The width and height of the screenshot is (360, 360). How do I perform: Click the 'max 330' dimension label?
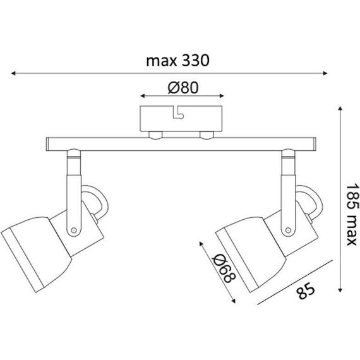(177, 61)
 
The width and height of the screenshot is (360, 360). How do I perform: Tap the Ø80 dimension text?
(183, 88)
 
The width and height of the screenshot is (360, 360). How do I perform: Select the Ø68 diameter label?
(224, 268)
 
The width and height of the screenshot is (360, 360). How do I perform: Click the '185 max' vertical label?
(352, 214)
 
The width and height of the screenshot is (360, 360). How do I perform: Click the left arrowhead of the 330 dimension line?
(13, 73)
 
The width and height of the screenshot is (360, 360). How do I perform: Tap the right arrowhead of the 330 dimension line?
(325, 73)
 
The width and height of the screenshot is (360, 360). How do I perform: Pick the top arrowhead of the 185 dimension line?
(340, 109)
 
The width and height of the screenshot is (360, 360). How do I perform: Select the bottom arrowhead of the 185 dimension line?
(340, 290)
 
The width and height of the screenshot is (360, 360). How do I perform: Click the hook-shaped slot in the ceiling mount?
(178, 112)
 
